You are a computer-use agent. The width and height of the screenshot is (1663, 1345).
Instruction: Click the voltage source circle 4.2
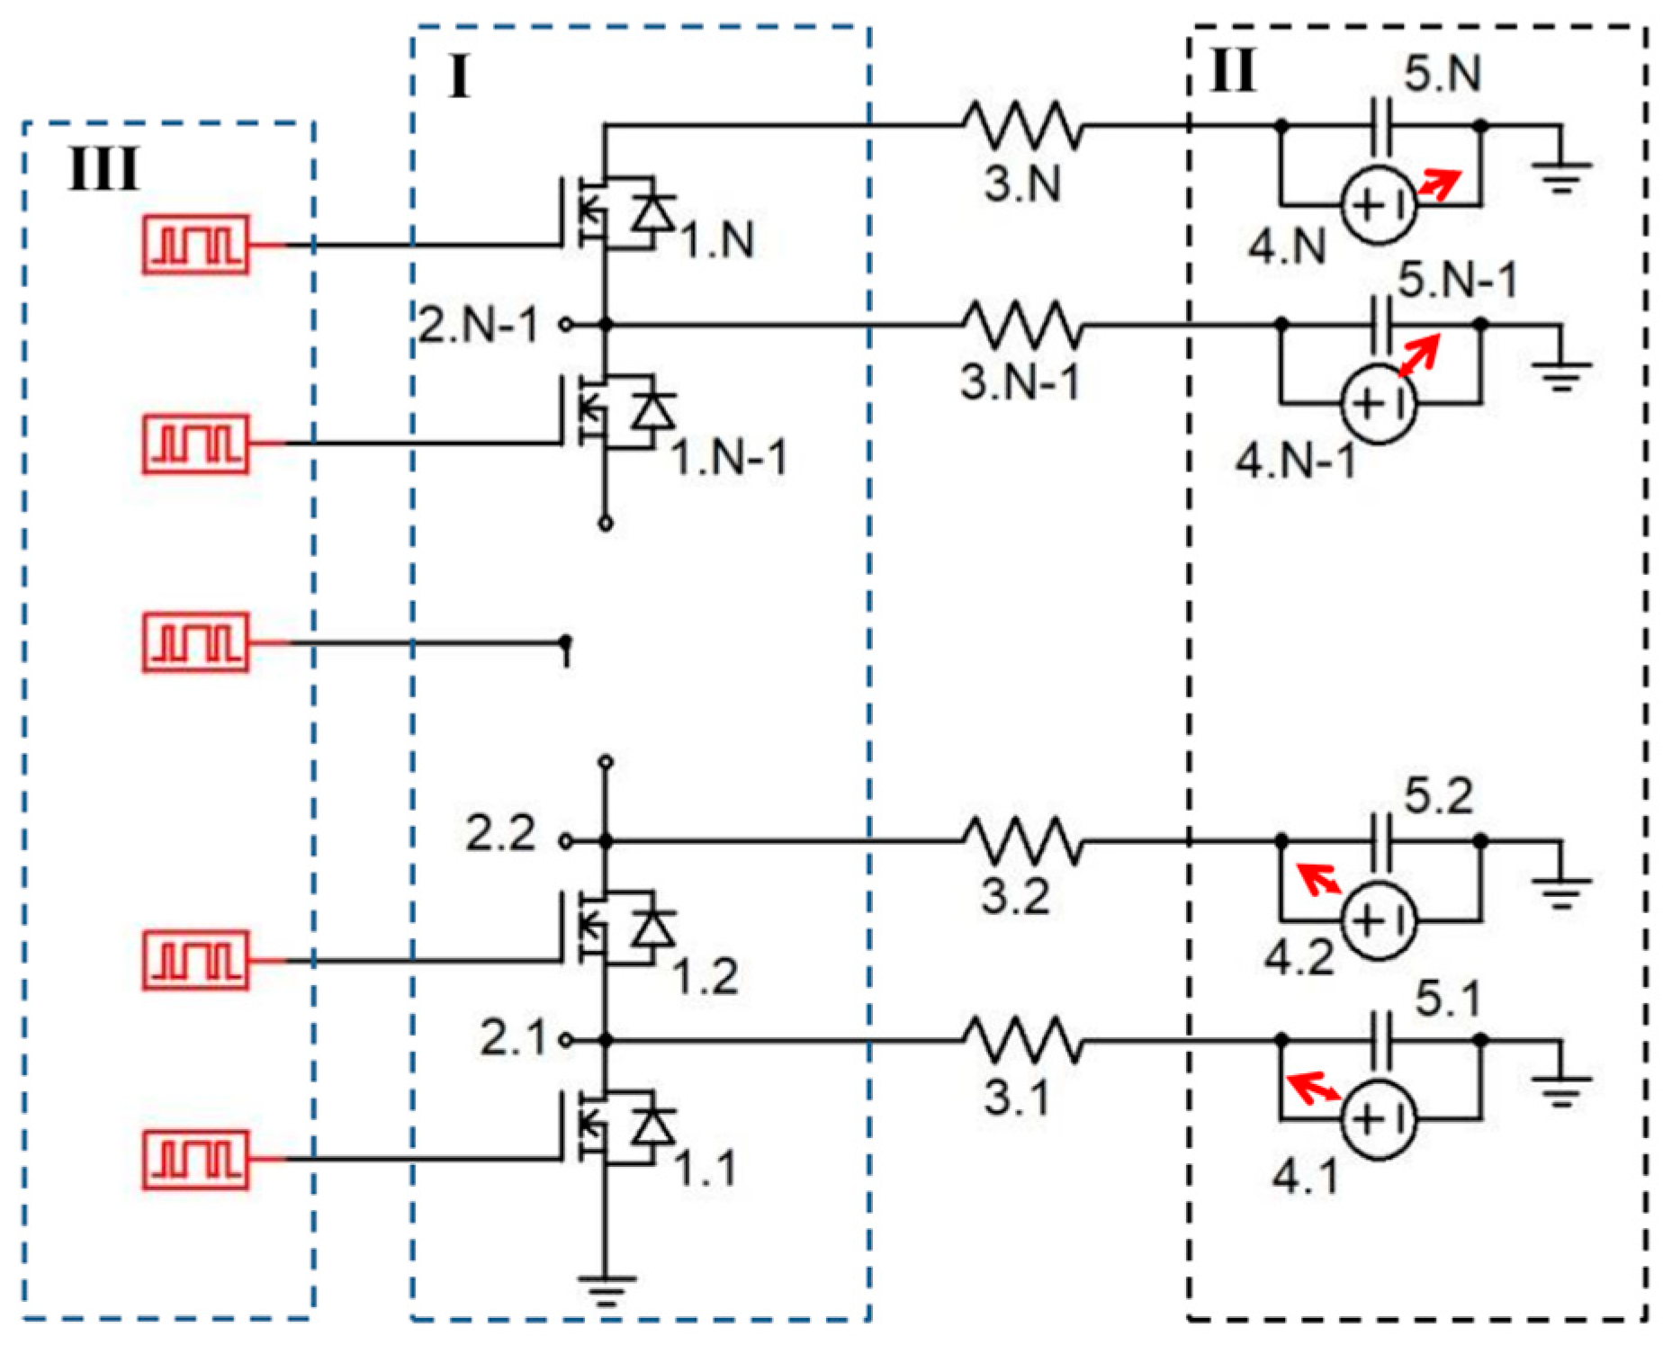(x=1378, y=920)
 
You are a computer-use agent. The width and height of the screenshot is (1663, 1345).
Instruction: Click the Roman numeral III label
(x=103, y=169)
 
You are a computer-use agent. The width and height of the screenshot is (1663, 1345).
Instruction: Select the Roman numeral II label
(x=1232, y=70)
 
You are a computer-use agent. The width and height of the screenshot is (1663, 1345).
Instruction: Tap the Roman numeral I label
(x=459, y=77)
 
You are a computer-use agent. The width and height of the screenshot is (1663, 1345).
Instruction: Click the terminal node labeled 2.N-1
(x=565, y=325)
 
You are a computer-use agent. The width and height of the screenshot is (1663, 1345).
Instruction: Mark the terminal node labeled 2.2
(x=565, y=841)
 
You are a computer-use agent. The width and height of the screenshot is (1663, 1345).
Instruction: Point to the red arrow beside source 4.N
(x=1438, y=185)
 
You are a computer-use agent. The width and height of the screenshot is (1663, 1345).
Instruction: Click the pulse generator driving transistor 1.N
(x=195, y=244)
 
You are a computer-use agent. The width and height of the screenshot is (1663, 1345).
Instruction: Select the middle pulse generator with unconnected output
(x=195, y=642)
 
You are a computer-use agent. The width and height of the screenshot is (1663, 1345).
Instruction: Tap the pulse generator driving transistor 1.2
(x=195, y=960)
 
